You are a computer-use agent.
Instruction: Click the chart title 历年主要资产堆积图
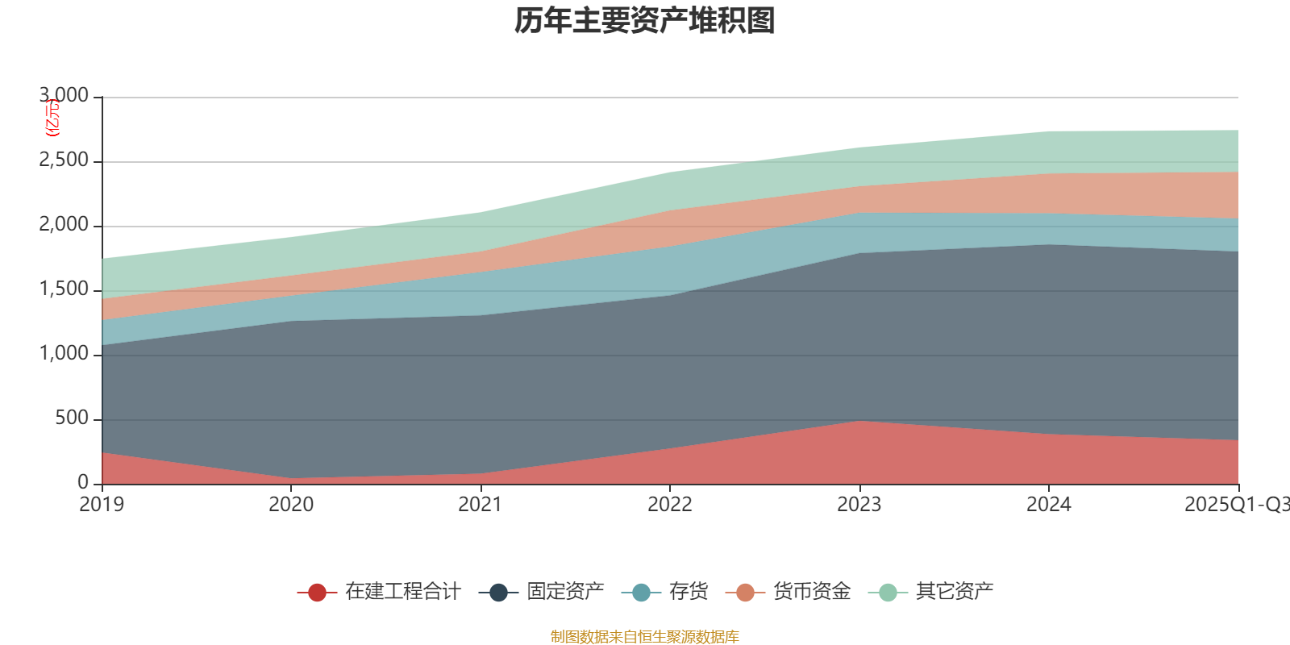click(644, 21)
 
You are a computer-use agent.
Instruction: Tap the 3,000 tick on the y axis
click(64, 96)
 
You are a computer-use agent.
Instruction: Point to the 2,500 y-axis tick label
click(64, 160)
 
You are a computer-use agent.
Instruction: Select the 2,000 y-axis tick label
click(64, 225)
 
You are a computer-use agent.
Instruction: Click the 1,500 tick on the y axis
click(64, 289)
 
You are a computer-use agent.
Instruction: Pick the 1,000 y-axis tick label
click(64, 354)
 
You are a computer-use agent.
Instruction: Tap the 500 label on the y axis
click(72, 418)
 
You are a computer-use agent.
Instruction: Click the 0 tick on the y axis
click(83, 483)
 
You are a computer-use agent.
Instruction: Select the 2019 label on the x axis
click(102, 505)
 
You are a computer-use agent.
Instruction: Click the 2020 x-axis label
click(291, 505)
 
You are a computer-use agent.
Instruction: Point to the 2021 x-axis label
click(481, 505)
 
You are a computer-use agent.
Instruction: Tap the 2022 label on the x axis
click(670, 505)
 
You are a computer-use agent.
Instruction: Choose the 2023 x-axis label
click(859, 505)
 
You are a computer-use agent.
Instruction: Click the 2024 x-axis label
click(1048, 505)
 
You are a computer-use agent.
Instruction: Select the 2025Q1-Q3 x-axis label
click(1236, 505)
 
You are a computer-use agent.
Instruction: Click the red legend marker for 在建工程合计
click(317, 593)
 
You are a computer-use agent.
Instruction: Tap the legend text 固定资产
click(565, 592)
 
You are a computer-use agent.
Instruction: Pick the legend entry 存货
click(688, 592)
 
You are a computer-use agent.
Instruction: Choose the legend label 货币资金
click(811, 592)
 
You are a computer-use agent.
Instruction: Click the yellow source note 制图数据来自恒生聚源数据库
click(644, 637)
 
